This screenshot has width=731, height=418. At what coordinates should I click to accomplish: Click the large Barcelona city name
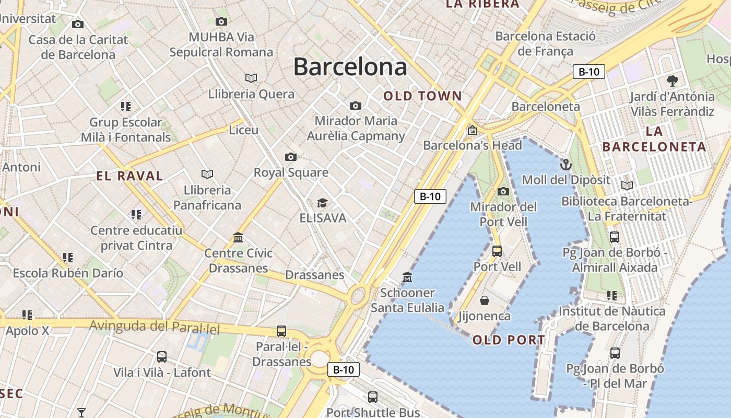[x=350, y=67]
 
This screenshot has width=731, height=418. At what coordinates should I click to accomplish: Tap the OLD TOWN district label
[x=423, y=96]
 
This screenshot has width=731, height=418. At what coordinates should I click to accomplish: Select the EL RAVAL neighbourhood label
[x=129, y=176]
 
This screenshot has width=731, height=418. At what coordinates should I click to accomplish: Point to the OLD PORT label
[x=509, y=341]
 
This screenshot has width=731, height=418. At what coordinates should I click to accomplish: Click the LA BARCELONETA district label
[x=654, y=140]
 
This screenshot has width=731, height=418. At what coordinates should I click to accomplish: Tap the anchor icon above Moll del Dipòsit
[x=566, y=165]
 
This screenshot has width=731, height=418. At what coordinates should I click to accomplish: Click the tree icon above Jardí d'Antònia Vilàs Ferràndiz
[x=672, y=81]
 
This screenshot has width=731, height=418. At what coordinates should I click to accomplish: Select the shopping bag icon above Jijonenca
[x=485, y=300]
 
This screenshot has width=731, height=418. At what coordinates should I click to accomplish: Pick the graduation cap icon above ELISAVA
[x=323, y=203]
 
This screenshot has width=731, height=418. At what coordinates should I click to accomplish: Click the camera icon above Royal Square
[x=291, y=157]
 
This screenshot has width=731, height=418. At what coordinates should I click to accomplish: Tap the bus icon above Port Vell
[x=497, y=251]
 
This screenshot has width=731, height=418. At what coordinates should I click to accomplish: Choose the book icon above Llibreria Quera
[x=251, y=78]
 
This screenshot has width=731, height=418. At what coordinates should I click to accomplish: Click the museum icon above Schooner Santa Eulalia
[x=407, y=277]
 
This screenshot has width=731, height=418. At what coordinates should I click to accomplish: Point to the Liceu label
[x=244, y=130]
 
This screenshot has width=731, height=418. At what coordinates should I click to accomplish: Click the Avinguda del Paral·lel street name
[x=155, y=327]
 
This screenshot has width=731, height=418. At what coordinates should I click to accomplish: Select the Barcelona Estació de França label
[x=545, y=44]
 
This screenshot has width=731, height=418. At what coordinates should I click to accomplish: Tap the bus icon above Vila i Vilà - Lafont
[x=162, y=357]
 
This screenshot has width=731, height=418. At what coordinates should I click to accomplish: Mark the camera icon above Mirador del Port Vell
[x=503, y=192]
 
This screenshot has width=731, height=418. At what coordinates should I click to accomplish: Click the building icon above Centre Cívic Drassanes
[x=238, y=238]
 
